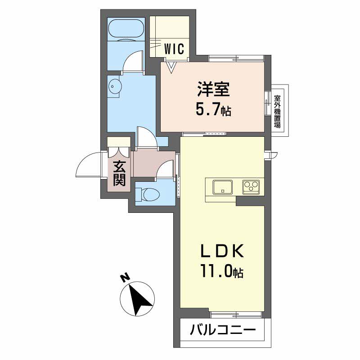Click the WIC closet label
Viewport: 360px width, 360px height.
point(174,49)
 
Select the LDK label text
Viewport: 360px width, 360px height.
point(222,251)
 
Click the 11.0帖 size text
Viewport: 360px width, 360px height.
point(222,271)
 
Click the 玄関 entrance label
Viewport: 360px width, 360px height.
point(119,174)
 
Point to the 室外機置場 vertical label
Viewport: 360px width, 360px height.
point(277,112)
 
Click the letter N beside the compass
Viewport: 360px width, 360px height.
point(125,278)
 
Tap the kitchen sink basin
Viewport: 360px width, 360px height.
point(222,187)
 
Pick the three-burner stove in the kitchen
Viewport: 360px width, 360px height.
point(251,187)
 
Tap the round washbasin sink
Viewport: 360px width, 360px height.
point(114,86)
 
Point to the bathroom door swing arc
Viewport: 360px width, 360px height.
point(131,59)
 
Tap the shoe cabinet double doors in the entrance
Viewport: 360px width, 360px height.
point(119,152)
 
